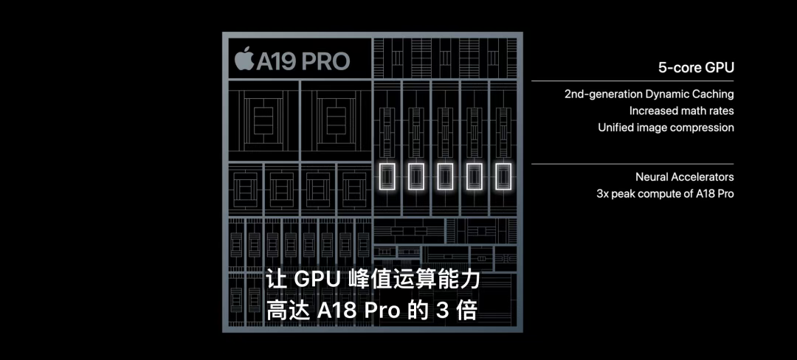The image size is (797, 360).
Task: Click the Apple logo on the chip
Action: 244,60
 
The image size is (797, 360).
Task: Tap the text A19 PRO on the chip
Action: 303,61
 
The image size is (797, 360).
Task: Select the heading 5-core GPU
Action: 696,68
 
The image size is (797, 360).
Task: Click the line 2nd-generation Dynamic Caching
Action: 649,94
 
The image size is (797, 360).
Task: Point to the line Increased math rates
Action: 682,110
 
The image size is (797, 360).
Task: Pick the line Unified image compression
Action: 666,127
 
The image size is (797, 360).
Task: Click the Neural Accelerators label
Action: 685,177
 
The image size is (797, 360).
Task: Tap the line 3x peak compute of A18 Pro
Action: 666,193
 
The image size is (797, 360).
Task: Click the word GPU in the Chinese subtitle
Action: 316,280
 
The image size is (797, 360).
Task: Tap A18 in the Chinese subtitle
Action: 337,311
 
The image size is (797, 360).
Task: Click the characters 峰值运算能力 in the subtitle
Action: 414,280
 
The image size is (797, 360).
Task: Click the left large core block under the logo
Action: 263,120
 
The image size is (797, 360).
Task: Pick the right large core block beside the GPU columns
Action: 336,120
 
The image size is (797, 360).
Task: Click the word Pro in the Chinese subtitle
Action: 383,311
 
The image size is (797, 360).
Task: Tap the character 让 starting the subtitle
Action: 275,280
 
